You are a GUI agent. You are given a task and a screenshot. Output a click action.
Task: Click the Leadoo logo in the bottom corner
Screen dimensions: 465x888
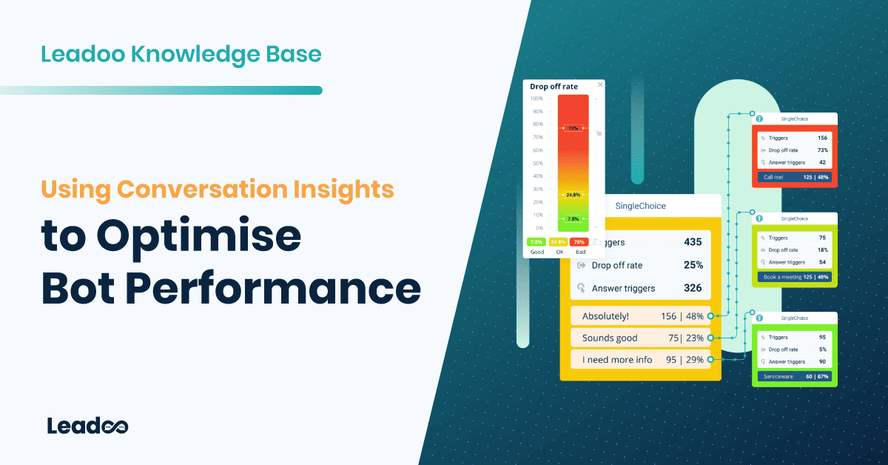point(87,426)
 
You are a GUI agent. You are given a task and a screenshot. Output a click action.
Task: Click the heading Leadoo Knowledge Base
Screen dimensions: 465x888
point(181,54)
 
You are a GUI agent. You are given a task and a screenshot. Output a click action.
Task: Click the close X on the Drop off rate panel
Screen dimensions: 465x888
point(600,85)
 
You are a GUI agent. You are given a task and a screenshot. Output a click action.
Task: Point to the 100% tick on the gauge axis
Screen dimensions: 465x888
point(536,98)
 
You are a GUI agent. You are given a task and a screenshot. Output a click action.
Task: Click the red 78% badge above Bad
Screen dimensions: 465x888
point(579,242)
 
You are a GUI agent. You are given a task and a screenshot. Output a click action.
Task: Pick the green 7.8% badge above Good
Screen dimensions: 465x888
point(535,242)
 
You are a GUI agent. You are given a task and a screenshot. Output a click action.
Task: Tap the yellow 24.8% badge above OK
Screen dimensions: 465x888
point(557,242)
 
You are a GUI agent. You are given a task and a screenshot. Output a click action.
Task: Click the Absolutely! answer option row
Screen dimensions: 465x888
point(640,316)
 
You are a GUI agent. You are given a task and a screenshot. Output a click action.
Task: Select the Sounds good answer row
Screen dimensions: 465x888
point(640,338)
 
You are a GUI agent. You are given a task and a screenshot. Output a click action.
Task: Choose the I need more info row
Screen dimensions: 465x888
point(640,360)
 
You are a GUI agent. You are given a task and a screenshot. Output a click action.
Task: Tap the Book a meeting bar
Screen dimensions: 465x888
point(794,277)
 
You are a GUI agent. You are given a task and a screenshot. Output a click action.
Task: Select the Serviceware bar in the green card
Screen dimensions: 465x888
point(794,377)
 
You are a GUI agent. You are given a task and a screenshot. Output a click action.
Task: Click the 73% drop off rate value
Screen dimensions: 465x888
point(821,150)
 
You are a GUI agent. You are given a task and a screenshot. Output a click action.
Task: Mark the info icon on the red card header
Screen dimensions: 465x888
point(758,118)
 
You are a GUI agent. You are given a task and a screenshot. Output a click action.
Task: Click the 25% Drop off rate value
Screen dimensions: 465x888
point(693,265)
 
